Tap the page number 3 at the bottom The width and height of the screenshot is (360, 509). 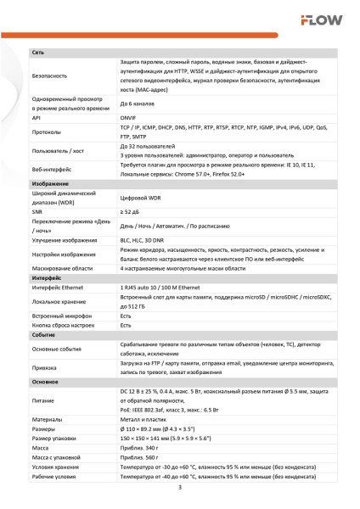coord(179,487)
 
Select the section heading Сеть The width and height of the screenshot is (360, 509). coord(38,53)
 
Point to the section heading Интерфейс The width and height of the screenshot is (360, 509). coord(47,278)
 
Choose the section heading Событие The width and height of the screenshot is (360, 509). coord(43,335)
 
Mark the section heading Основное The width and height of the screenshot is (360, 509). coord(46,382)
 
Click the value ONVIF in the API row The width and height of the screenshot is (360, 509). coord(129,118)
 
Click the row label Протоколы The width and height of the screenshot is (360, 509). coord(47,133)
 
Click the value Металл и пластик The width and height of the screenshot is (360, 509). coord(143,419)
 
